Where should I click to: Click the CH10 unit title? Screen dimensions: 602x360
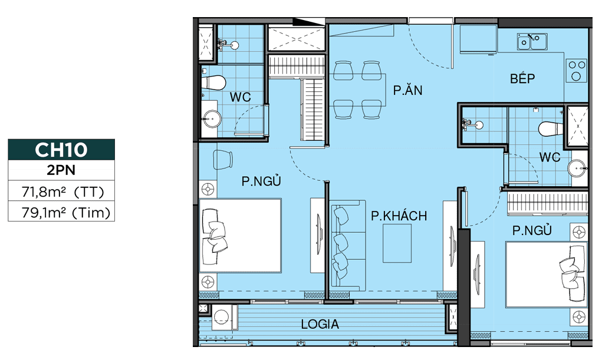coord(61,149)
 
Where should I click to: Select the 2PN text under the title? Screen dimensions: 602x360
coord(61,170)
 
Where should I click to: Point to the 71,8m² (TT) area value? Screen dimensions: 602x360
coord(62,191)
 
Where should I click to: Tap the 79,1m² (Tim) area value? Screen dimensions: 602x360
coord(65,212)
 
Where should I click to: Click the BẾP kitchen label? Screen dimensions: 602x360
coord(522,78)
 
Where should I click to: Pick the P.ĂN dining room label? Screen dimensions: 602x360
coord(408,90)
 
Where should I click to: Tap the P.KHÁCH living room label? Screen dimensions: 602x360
coord(399,216)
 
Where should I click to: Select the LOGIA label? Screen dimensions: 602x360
coord(320,324)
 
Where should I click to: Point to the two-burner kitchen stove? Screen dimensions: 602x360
coord(577,71)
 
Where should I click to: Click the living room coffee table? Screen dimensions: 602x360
coord(397,243)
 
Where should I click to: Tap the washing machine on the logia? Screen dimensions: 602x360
coord(222,317)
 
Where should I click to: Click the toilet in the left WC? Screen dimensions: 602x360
coord(213,82)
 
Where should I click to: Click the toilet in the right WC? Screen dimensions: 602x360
coord(550,128)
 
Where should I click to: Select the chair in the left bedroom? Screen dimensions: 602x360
coord(223,159)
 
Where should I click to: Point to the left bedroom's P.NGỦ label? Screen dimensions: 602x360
coord(261,181)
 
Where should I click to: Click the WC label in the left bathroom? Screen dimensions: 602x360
coord(241,97)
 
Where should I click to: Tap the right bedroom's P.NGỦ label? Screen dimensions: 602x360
coord(532,230)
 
